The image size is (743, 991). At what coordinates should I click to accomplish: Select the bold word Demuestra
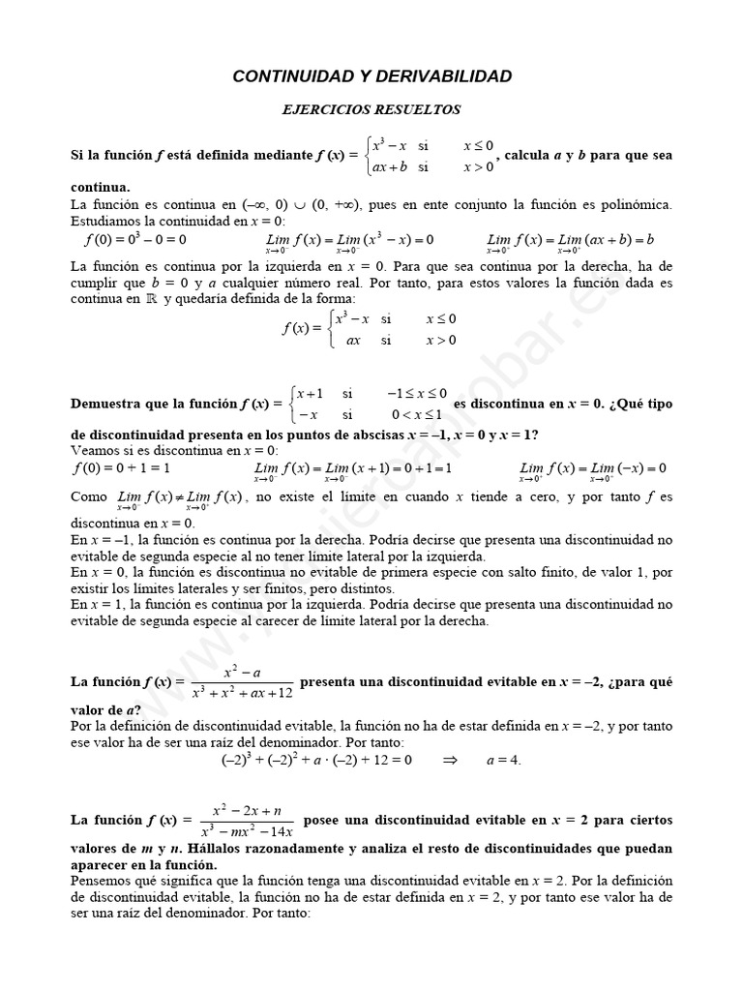(x=108, y=403)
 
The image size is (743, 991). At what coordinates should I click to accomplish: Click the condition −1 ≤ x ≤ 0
(x=417, y=393)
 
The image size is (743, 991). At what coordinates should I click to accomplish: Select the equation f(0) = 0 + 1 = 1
(x=122, y=468)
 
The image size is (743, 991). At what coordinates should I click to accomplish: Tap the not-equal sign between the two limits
(x=177, y=496)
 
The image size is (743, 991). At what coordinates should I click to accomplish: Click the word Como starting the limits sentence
(x=90, y=496)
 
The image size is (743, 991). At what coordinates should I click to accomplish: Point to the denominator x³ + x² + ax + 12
(x=242, y=693)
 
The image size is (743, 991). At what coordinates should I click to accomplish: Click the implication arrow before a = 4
(x=449, y=761)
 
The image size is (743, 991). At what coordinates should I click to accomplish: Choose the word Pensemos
(x=104, y=881)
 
